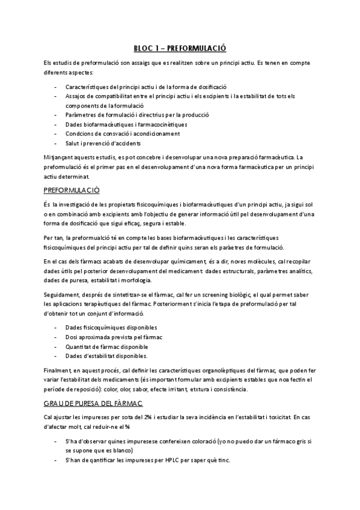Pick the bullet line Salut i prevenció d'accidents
pyautogui.click(x=103, y=143)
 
